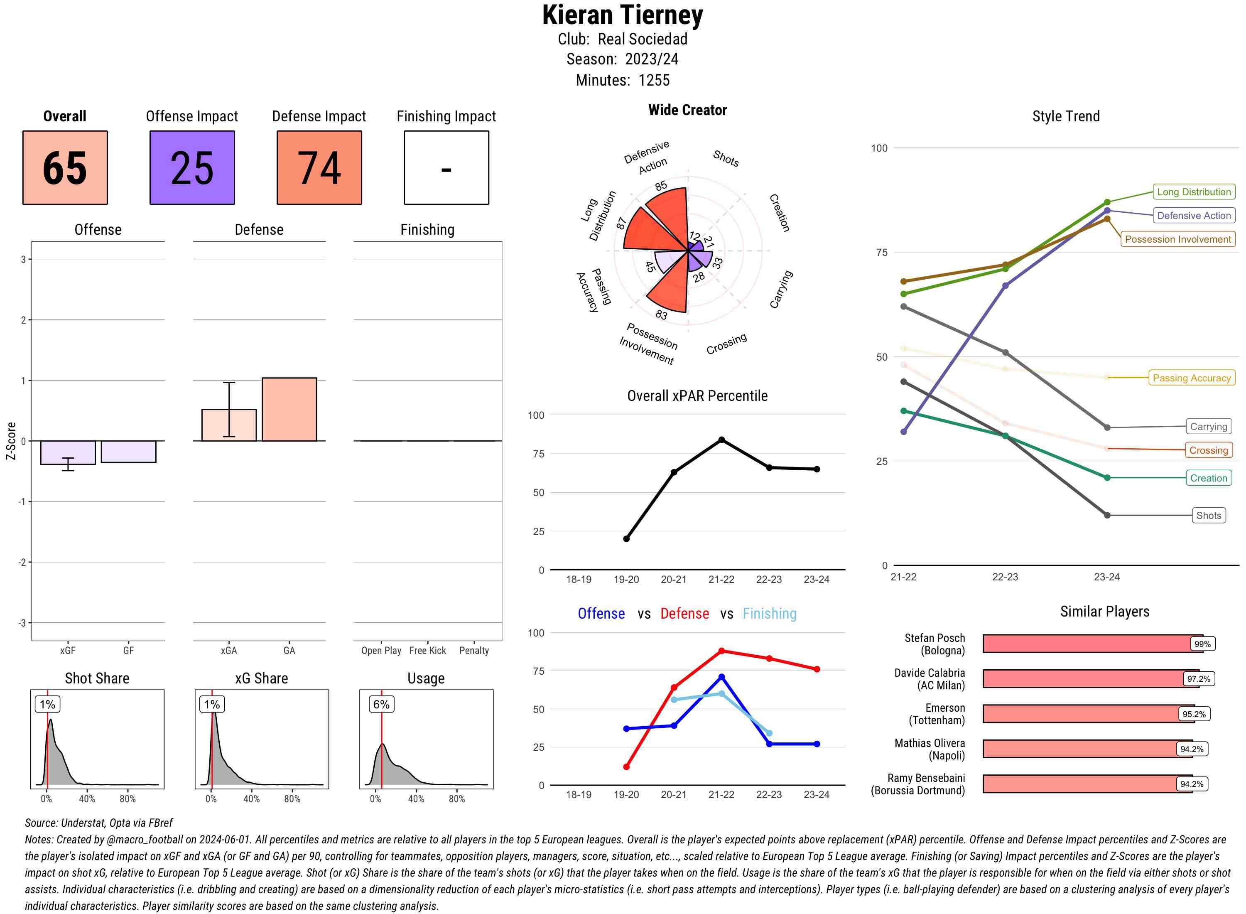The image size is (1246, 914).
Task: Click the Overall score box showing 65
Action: pos(65,168)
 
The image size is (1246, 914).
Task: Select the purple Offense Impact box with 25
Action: pos(192,168)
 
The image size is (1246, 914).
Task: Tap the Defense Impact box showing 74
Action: pos(319,168)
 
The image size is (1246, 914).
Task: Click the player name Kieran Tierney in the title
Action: pos(622,15)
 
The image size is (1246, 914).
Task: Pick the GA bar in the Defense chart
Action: pos(289,409)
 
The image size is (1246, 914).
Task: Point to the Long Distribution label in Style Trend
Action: pos(1194,192)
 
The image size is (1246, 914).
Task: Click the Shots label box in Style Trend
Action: pos(1208,516)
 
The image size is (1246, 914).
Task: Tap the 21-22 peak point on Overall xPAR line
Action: pos(721,440)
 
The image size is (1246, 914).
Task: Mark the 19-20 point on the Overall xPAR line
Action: pos(626,539)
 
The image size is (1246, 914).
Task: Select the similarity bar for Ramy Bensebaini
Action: pos(1087,784)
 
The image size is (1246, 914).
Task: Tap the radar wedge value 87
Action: pos(621,224)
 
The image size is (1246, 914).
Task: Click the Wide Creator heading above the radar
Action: pos(687,110)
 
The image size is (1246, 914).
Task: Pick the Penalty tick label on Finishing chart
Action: pos(474,651)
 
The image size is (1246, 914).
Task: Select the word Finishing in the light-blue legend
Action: pos(769,614)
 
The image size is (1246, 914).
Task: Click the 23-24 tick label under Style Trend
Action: pos(1106,577)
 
